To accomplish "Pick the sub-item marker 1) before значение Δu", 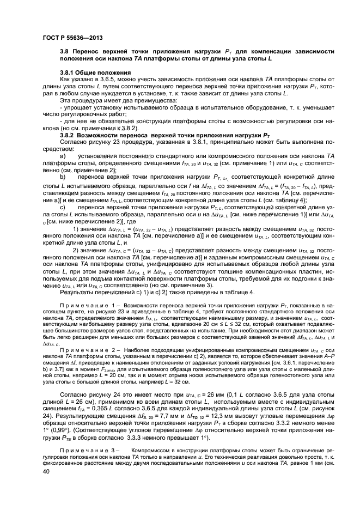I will click(x=76, y=228).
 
